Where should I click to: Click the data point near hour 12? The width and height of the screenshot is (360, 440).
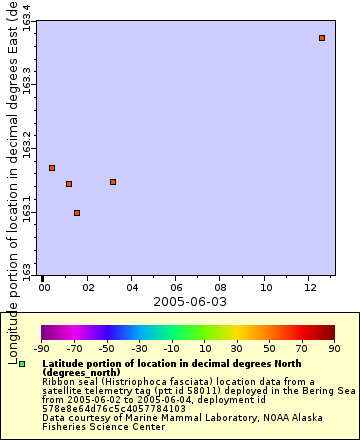coord(322,38)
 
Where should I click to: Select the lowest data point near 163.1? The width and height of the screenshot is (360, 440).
coord(77,213)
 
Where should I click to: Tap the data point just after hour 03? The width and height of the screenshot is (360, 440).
coord(113,182)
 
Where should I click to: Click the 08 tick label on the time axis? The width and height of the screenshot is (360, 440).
coord(221,287)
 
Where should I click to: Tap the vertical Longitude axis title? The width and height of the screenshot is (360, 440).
coord(12,180)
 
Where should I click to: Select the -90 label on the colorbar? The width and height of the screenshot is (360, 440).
coord(41,348)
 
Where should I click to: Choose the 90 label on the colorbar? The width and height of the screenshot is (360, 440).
coord(335,348)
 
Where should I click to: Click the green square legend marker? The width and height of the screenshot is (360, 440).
coord(21,363)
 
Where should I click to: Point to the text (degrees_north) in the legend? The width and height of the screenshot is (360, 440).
coord(81,372)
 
